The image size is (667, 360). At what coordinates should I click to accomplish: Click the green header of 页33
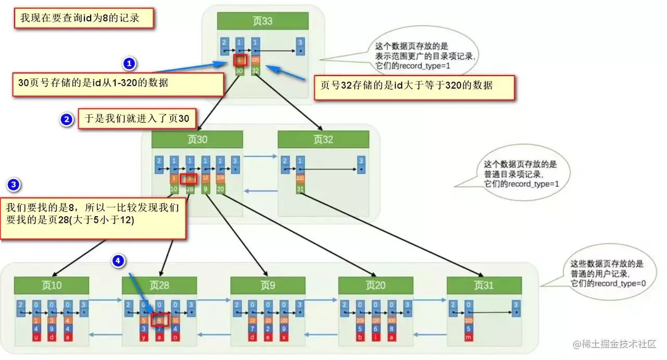click(x=263, y=21)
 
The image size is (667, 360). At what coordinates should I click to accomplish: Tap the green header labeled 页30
click(x=197, y=139)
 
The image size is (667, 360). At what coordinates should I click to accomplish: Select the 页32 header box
click(x=323, y=139)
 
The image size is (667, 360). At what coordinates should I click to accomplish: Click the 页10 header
click(x=52, y=285)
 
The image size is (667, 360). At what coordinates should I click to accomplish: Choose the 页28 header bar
click(x=159, y=285)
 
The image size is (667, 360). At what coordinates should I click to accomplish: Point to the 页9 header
click(x=268, y=285)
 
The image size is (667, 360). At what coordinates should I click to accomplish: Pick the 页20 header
click(x=376, y=285)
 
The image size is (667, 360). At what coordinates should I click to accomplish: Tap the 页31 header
click(x=484, y=285)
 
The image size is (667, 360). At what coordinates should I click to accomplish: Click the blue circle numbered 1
click(x=129, y=64)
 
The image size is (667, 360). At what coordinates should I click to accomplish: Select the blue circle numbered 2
click(x=66, y=120)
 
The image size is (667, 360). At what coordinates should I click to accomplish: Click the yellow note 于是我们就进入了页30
click(x=137, y=119)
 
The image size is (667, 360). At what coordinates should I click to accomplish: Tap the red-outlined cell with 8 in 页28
click(x=160, y=320)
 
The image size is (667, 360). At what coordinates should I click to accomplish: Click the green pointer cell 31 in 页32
click(x=300, y=189)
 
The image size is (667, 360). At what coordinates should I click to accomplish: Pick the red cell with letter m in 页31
click(x=468, y=338)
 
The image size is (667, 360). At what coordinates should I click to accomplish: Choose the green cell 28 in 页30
click(x=190, y=189)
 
